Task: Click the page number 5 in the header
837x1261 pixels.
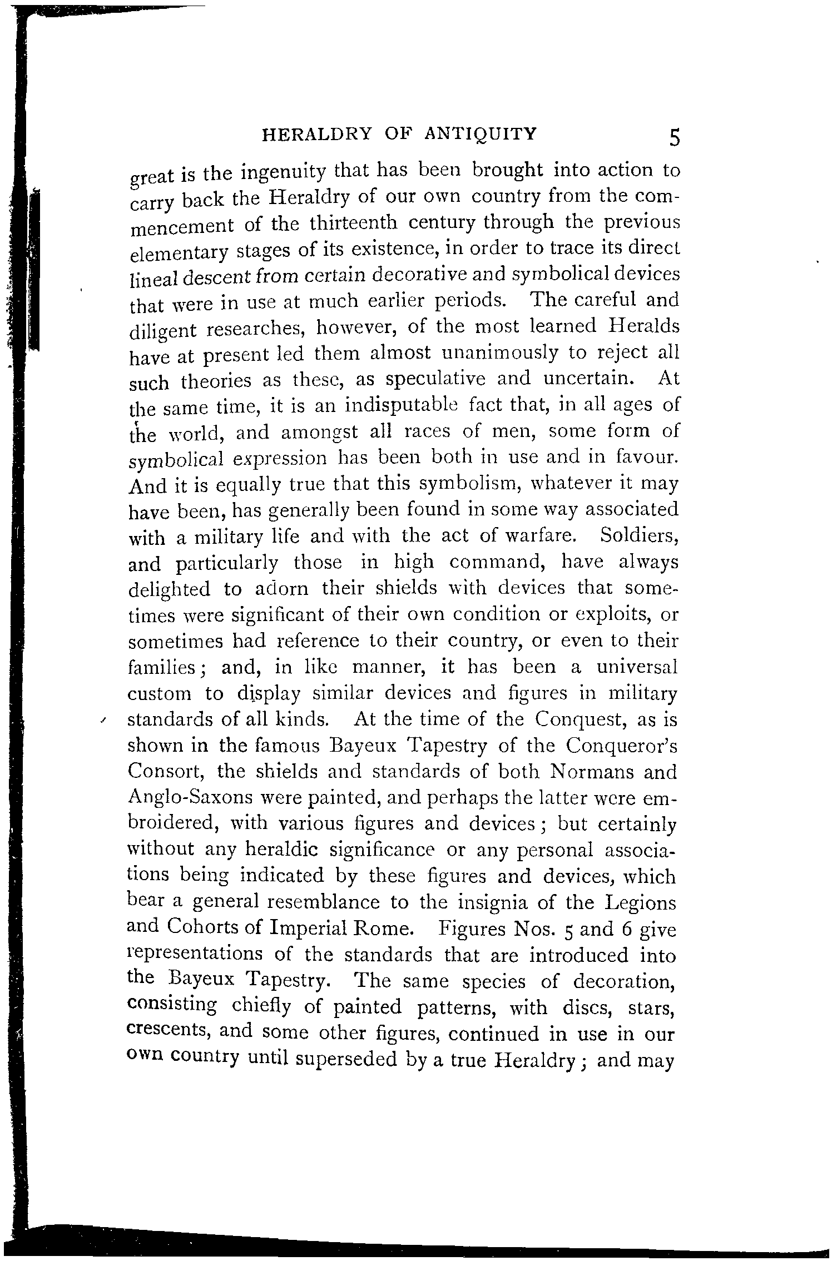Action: [x=674, y=137]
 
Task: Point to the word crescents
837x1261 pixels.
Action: [x=169, y=1030]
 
